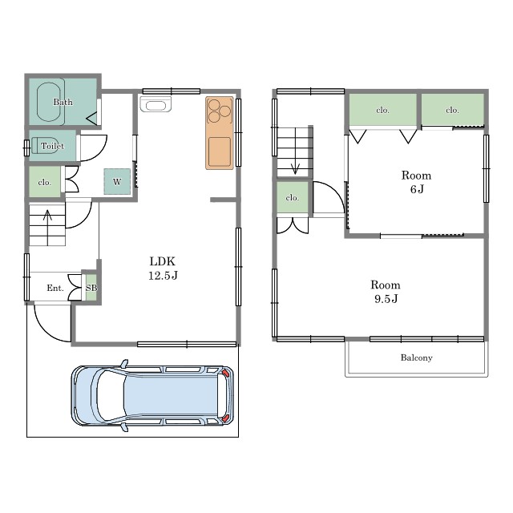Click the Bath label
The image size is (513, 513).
tap(63, 102)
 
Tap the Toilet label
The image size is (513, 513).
tap(52, 146)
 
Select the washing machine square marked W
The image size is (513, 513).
tap(117, 182)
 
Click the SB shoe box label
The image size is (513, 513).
tap(91, 288)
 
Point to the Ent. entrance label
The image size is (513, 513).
tap(55, 288)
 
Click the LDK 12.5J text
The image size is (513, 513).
tap(163, 269)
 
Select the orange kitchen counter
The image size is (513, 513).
tap(220, 133)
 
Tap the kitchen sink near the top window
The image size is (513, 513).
tap(156, 104)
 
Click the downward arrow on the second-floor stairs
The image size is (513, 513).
tap(296, 151)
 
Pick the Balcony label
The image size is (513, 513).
tap(417, 357)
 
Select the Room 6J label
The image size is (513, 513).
tap(417, 182)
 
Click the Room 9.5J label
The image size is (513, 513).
tap(386, 292)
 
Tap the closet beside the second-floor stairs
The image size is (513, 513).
tap(293, 197)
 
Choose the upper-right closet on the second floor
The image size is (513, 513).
tap(452, 110)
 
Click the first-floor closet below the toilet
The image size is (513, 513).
tap(45, 182)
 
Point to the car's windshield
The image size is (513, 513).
tap(111, 396)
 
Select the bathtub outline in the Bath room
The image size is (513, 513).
tap(49, 102)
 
